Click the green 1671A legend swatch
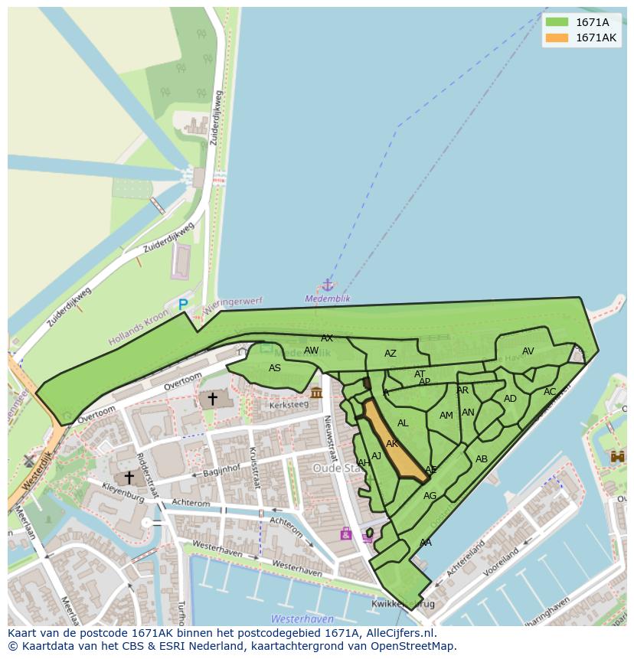[557, 22]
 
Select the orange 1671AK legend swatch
[557, 38]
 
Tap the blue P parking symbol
[183, 305]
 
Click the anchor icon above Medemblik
[328, 285]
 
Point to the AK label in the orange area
[392, 444]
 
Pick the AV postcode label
[528, 351]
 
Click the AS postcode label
[275, 368]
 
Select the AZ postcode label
[391, 354]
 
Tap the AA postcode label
[426, 543]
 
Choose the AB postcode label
[482, 459]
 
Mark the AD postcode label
[510, 399]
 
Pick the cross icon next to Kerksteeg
[212, 398]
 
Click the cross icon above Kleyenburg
[129, 478]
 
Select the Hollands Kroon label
[139, 328]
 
